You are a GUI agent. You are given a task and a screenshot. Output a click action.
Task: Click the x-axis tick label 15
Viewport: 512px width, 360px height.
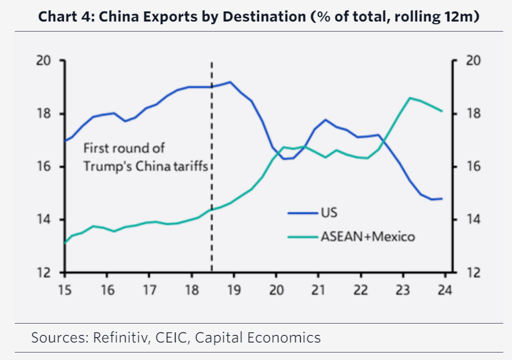click(x=65, y=291)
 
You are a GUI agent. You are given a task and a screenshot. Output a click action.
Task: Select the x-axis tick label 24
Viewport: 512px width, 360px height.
click(x=445, y=291)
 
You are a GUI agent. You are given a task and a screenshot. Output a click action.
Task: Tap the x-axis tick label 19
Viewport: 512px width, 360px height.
click(x=233, y=291)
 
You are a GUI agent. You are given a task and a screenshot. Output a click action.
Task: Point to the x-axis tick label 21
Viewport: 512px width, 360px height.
click(x=318, y=291)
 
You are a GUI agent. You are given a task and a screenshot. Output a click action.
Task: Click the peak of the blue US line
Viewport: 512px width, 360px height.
click(x=230, y=82)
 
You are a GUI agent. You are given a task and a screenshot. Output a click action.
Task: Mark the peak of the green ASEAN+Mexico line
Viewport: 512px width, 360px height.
click(x=410, y=98)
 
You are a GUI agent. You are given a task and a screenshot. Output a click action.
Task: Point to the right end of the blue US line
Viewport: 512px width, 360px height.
click(x=441, y=199)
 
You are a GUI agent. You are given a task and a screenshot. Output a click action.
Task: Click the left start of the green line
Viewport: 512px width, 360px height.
click(x=65, y=242)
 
